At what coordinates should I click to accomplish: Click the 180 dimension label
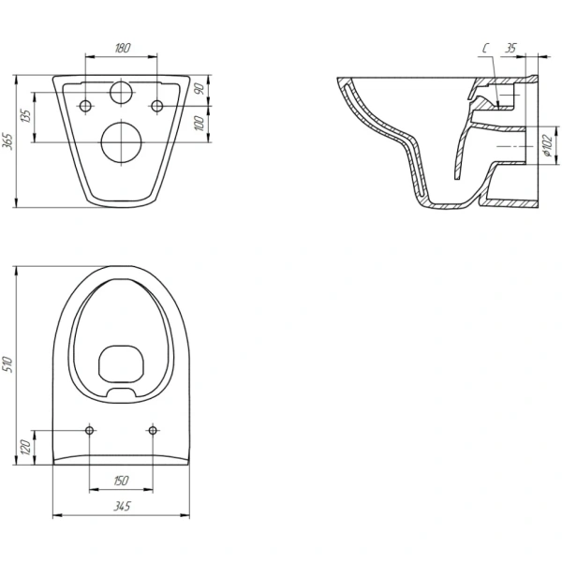[122, 48]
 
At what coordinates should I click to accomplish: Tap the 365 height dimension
[8, 141]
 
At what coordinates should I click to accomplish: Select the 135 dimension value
[26, 116]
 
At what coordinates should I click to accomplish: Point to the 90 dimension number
[200, 88]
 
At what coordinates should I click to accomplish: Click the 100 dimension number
[200, 124]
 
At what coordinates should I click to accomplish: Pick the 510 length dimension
[8, 364]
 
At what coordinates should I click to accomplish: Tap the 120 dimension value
[26, 448]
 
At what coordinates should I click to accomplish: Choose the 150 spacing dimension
[121, 481]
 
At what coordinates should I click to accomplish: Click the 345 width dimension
[122, 506]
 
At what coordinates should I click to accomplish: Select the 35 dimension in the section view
[510, 48]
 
